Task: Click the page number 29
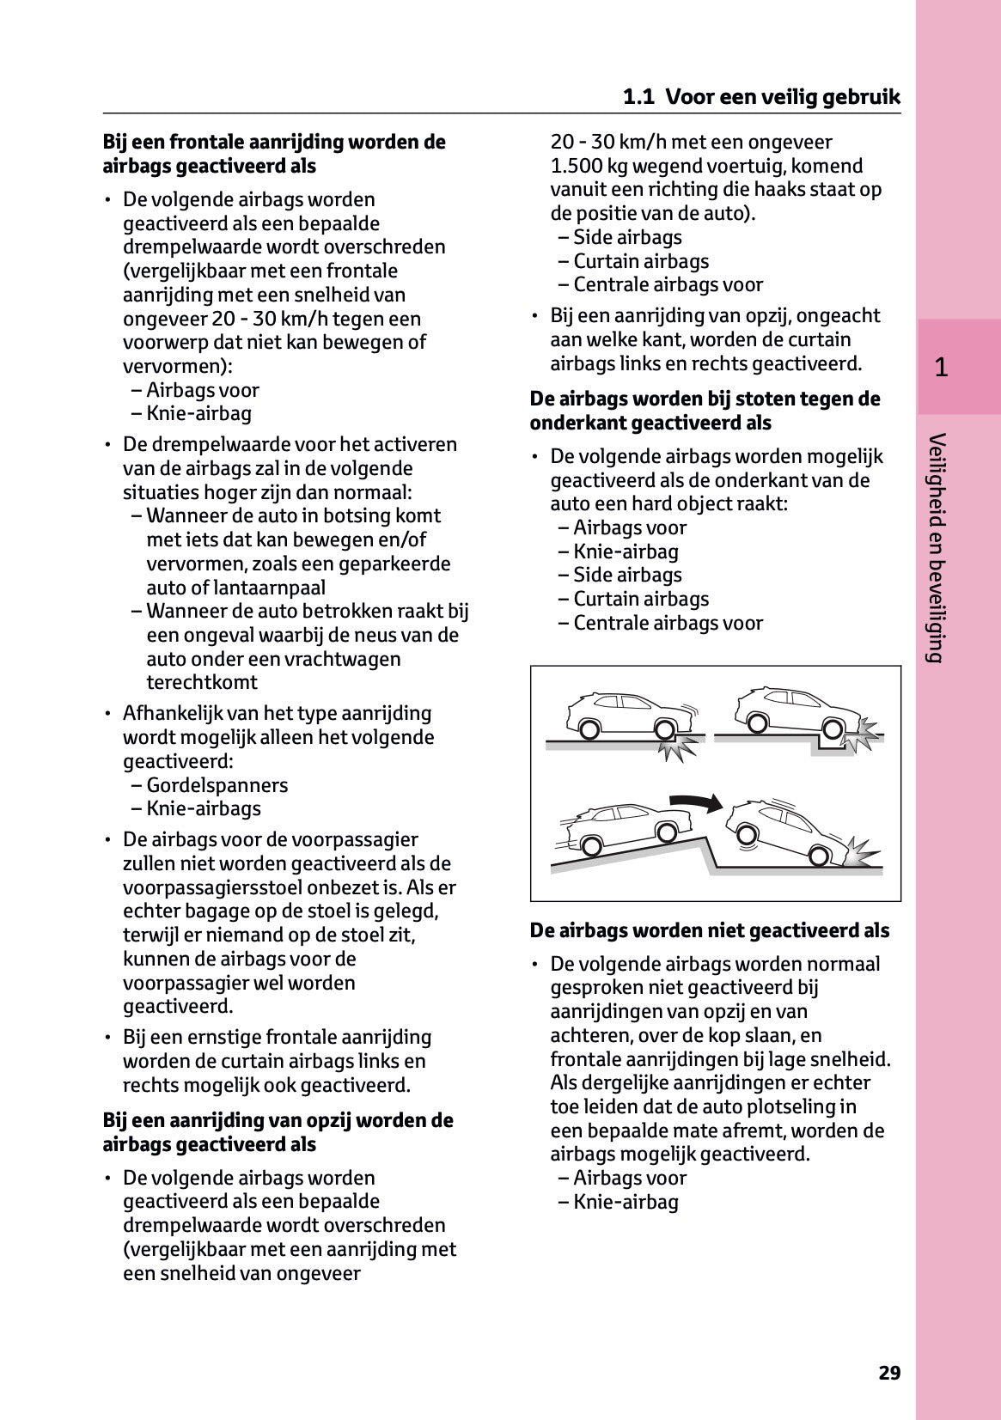coord(889,1373)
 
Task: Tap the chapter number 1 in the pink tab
coord(941,368)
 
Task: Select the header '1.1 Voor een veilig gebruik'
coord(761,97)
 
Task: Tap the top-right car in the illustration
coord(794,710)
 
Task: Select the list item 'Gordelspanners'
coord(217,785)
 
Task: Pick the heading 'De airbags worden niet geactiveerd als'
coord(710,930)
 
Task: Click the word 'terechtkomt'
coord(202,682)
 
